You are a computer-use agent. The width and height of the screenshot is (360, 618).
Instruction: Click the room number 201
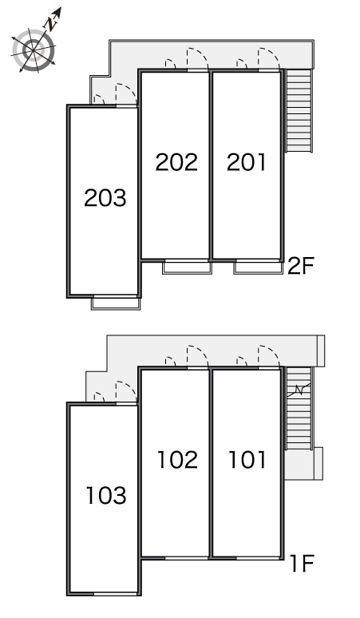247,162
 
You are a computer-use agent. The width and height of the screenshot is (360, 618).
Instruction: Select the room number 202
176,162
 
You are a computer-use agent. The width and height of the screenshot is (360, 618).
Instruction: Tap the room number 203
105,198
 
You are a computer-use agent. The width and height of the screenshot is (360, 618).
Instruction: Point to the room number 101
247,460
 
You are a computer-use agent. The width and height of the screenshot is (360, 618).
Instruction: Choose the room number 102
177,460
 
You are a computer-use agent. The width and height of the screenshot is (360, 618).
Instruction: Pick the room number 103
106,495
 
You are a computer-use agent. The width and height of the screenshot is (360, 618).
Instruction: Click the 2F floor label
300,266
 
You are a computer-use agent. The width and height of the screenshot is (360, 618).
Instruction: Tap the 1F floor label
302,563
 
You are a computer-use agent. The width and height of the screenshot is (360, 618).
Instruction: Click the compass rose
34,50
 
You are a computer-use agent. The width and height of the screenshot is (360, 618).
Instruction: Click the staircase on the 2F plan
299,111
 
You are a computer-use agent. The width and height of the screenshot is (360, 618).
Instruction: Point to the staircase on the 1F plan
299,408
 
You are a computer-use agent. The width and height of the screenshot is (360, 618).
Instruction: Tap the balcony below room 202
187,267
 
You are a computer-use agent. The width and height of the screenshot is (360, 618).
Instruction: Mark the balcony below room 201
259,267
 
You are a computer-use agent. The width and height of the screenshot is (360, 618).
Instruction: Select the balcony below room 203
116,303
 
